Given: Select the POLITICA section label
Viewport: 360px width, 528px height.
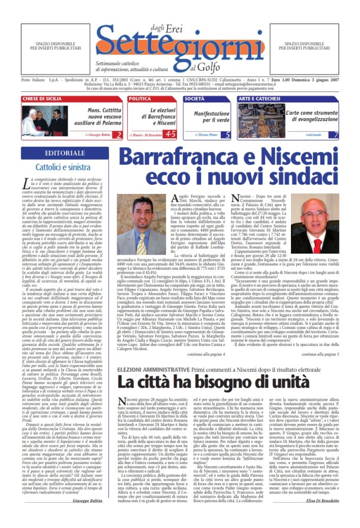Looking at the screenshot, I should coord(140,98).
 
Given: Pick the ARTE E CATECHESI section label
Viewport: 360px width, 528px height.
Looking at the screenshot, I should coord(258,98).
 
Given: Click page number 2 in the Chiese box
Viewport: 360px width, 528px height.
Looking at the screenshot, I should coord(119,135).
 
